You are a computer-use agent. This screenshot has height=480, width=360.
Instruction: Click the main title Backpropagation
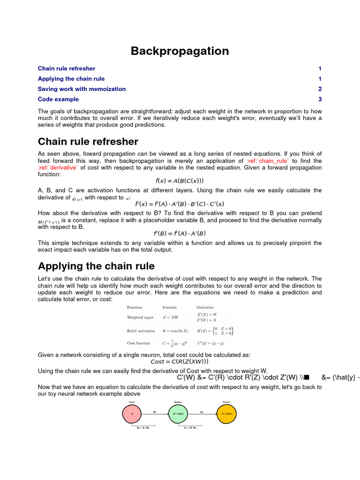click(x=180, y=51)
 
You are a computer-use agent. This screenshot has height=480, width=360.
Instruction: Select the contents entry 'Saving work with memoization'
click(x=82, y=89)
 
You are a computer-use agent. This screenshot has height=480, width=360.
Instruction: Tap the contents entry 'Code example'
click(x=58, y=99)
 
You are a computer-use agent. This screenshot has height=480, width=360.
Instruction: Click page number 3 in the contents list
click(x=320, y=99)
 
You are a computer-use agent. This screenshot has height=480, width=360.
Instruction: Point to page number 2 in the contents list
click(x=320, y=89)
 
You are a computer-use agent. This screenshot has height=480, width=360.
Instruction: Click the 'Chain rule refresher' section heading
click(x=88, y=142)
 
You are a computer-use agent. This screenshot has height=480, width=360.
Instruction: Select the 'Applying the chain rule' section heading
click(x=96, y=266)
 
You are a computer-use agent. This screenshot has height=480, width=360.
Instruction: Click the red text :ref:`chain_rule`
click(x=267, y=161)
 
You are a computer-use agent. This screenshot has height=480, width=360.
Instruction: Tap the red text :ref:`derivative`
click(x=58, y=167)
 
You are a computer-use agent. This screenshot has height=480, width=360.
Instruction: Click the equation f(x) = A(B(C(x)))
click(x=180, y=180)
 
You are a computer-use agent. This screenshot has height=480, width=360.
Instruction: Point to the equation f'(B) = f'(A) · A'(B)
click(x=180, y=233)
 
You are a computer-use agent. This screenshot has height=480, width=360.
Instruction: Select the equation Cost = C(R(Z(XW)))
click(x=180, y=361)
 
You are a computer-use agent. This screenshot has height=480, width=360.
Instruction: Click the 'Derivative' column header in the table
click(x=205, y=307)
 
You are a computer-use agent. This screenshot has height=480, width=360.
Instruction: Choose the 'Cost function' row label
click(x=139, y=343)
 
